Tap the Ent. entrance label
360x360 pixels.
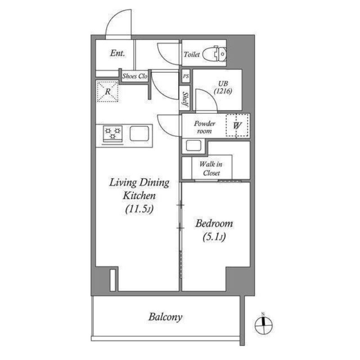[x=117, y=53]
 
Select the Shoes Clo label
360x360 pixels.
[x=135, y=76]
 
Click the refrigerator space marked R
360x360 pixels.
[x=108, y=91]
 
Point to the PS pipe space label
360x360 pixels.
[x=186, y=76]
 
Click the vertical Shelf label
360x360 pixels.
[x=185, y=99]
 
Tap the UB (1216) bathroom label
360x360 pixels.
[x=223, y=87]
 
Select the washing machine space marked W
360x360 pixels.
[x=238, y=126]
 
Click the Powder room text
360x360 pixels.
[x=204, y=127]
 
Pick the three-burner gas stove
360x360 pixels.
[x=112, y=134]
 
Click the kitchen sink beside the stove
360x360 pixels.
[x=139, y=133]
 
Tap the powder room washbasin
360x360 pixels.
[x=193, y=146]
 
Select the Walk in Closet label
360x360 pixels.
[x=211, y=168]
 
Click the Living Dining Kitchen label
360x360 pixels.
[x=139, y=189]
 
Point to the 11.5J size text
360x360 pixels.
[x=139, y=209]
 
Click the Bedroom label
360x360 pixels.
[x=214, y=223]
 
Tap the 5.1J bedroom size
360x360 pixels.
[x=214, y=237]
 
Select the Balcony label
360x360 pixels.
[x=165, y=317]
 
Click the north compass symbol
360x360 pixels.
[x=264, y=324]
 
